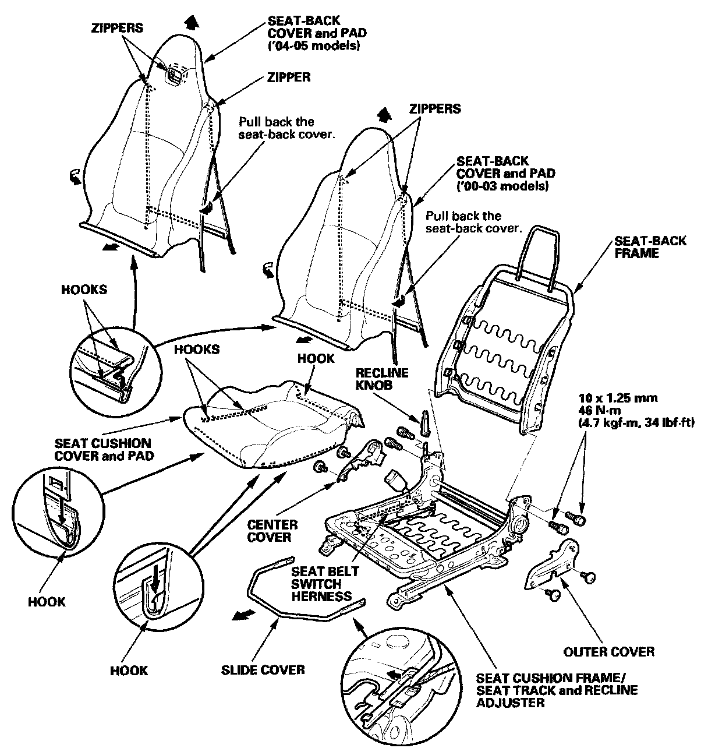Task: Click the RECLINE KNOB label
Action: [x=383, y=379]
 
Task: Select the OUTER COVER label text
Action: [x=608, y=651]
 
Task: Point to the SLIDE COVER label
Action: [x=263, y=669]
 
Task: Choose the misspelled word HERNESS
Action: [x=321, y=597]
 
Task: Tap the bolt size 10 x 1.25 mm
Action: [x=618, y=398]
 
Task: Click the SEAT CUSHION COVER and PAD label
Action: [x=103, y=449]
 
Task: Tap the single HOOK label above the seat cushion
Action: [x=316, y=358]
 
